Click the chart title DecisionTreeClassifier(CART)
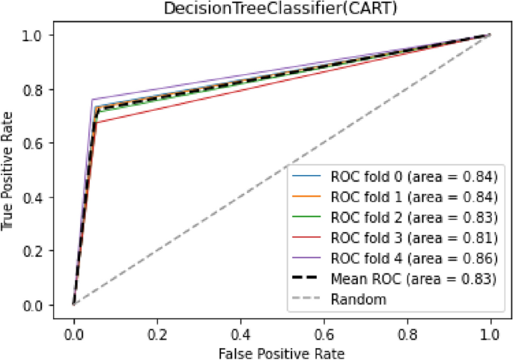click(x=282, y=8)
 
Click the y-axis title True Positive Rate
click(x=10, y=170)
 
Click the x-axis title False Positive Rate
click(x=282, y=351)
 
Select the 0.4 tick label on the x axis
click(x=240, y=329)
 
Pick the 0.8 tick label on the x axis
click(x=407, y=329)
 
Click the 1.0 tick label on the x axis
click(x=491, y=329)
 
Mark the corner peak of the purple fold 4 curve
click(x=92, y=100)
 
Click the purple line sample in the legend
click(x=310, y=259)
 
